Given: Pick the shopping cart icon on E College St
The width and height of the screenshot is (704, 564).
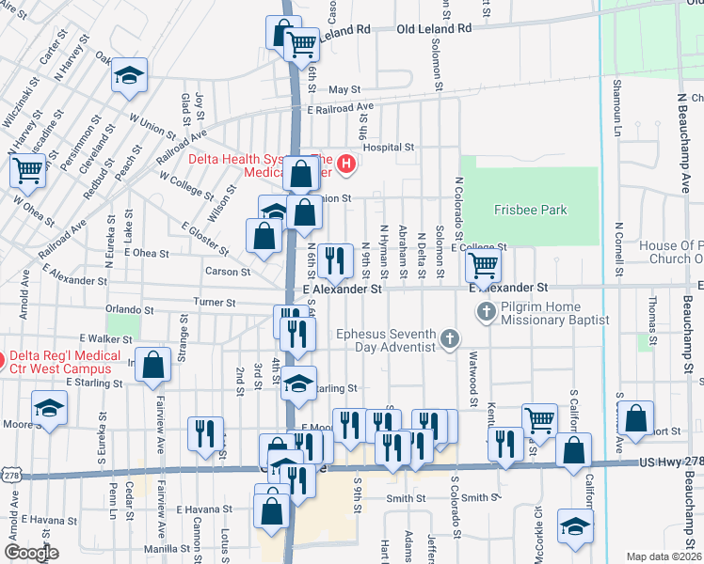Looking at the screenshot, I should (x=483, y=266).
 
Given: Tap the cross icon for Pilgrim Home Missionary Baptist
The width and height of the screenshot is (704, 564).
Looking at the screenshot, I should (x=487, y=311).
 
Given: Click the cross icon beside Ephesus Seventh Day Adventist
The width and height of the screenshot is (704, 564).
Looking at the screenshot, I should (x=450, y=337).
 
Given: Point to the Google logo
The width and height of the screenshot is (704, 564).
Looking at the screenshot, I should (x=32, y=553).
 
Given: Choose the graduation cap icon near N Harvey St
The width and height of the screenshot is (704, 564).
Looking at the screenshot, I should (x=128, y=76).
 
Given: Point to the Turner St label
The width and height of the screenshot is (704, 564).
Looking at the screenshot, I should (x=214, y=303).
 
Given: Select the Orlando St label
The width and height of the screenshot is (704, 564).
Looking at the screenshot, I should (x=129, y=308).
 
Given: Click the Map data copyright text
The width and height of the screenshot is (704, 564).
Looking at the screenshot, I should (x=664, y=556).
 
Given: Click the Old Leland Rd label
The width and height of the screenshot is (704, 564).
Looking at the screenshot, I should (x=434, y=30).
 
